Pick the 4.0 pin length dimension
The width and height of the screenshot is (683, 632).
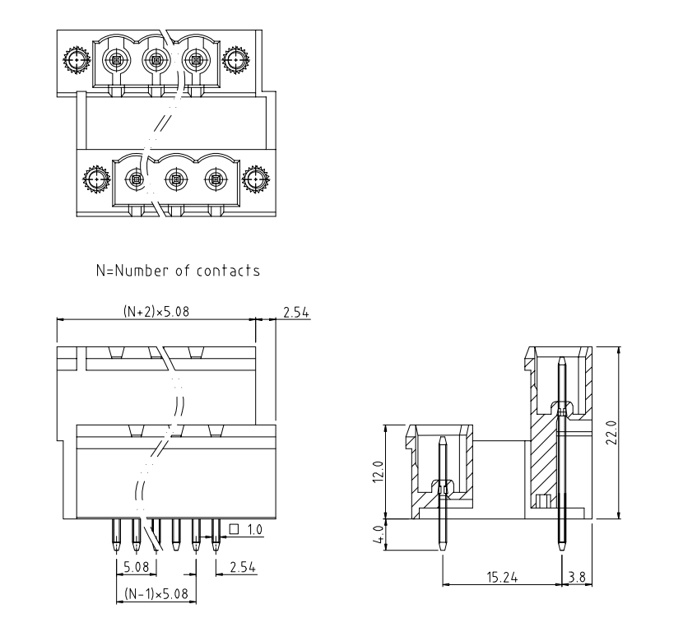click(377, 534)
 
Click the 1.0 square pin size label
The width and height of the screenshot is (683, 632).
click(254, 530)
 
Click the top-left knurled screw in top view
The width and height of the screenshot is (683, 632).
click(77, 60)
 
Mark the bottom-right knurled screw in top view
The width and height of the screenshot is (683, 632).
click(257, 179)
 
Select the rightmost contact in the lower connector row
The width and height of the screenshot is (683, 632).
click(216, 178)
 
